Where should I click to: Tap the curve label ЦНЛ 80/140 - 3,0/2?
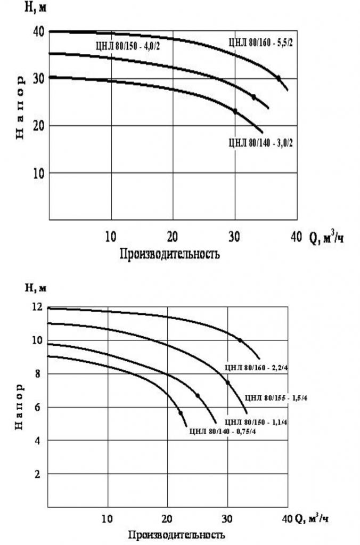click(259, 143)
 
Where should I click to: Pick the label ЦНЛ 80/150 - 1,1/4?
click(258, 421)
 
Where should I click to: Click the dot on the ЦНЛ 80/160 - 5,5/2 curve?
click(278, 78)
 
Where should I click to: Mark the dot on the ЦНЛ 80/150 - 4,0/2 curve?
click(253, 97)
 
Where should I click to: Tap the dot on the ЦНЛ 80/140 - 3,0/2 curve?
click(235, 111)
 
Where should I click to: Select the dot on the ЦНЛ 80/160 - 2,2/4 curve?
click(240, 340)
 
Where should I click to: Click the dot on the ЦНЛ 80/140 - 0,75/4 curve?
click(181, 413)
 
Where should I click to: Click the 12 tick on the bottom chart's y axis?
click(37, 307)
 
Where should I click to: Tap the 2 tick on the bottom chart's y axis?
click(38, 474)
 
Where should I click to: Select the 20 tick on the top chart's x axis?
click(173, 235)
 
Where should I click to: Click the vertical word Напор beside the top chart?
click(21, 107)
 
